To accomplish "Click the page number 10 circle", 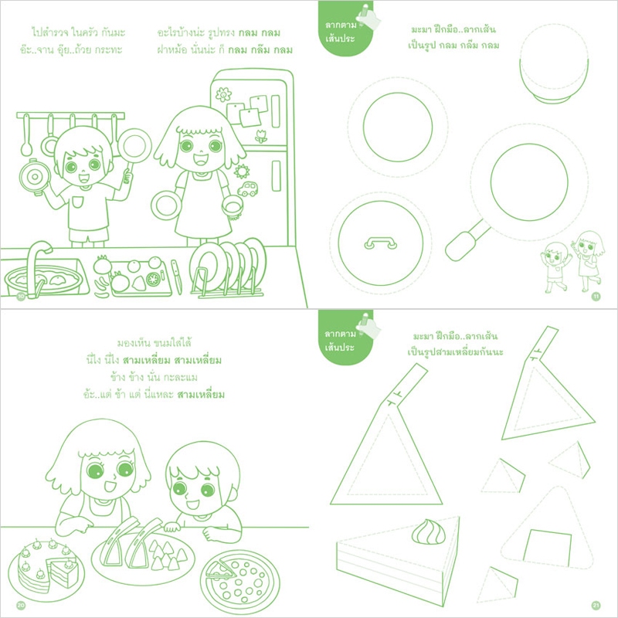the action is tap(21, 296).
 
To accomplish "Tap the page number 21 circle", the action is tap(596, 606).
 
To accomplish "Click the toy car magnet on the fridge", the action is tap(247, 188).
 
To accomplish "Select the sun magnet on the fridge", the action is tap(241, 171).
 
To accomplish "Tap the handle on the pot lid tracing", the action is tap(380, 243).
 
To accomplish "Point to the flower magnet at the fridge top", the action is tap(223, 94).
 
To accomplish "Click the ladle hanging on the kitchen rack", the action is tap(26, 135).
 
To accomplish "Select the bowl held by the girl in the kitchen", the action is tap(233, 208).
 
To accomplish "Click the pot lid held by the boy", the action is tap(35, 177).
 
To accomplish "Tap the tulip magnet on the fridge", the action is tap(261, 136).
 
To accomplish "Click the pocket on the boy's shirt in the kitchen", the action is tap(78, 202).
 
